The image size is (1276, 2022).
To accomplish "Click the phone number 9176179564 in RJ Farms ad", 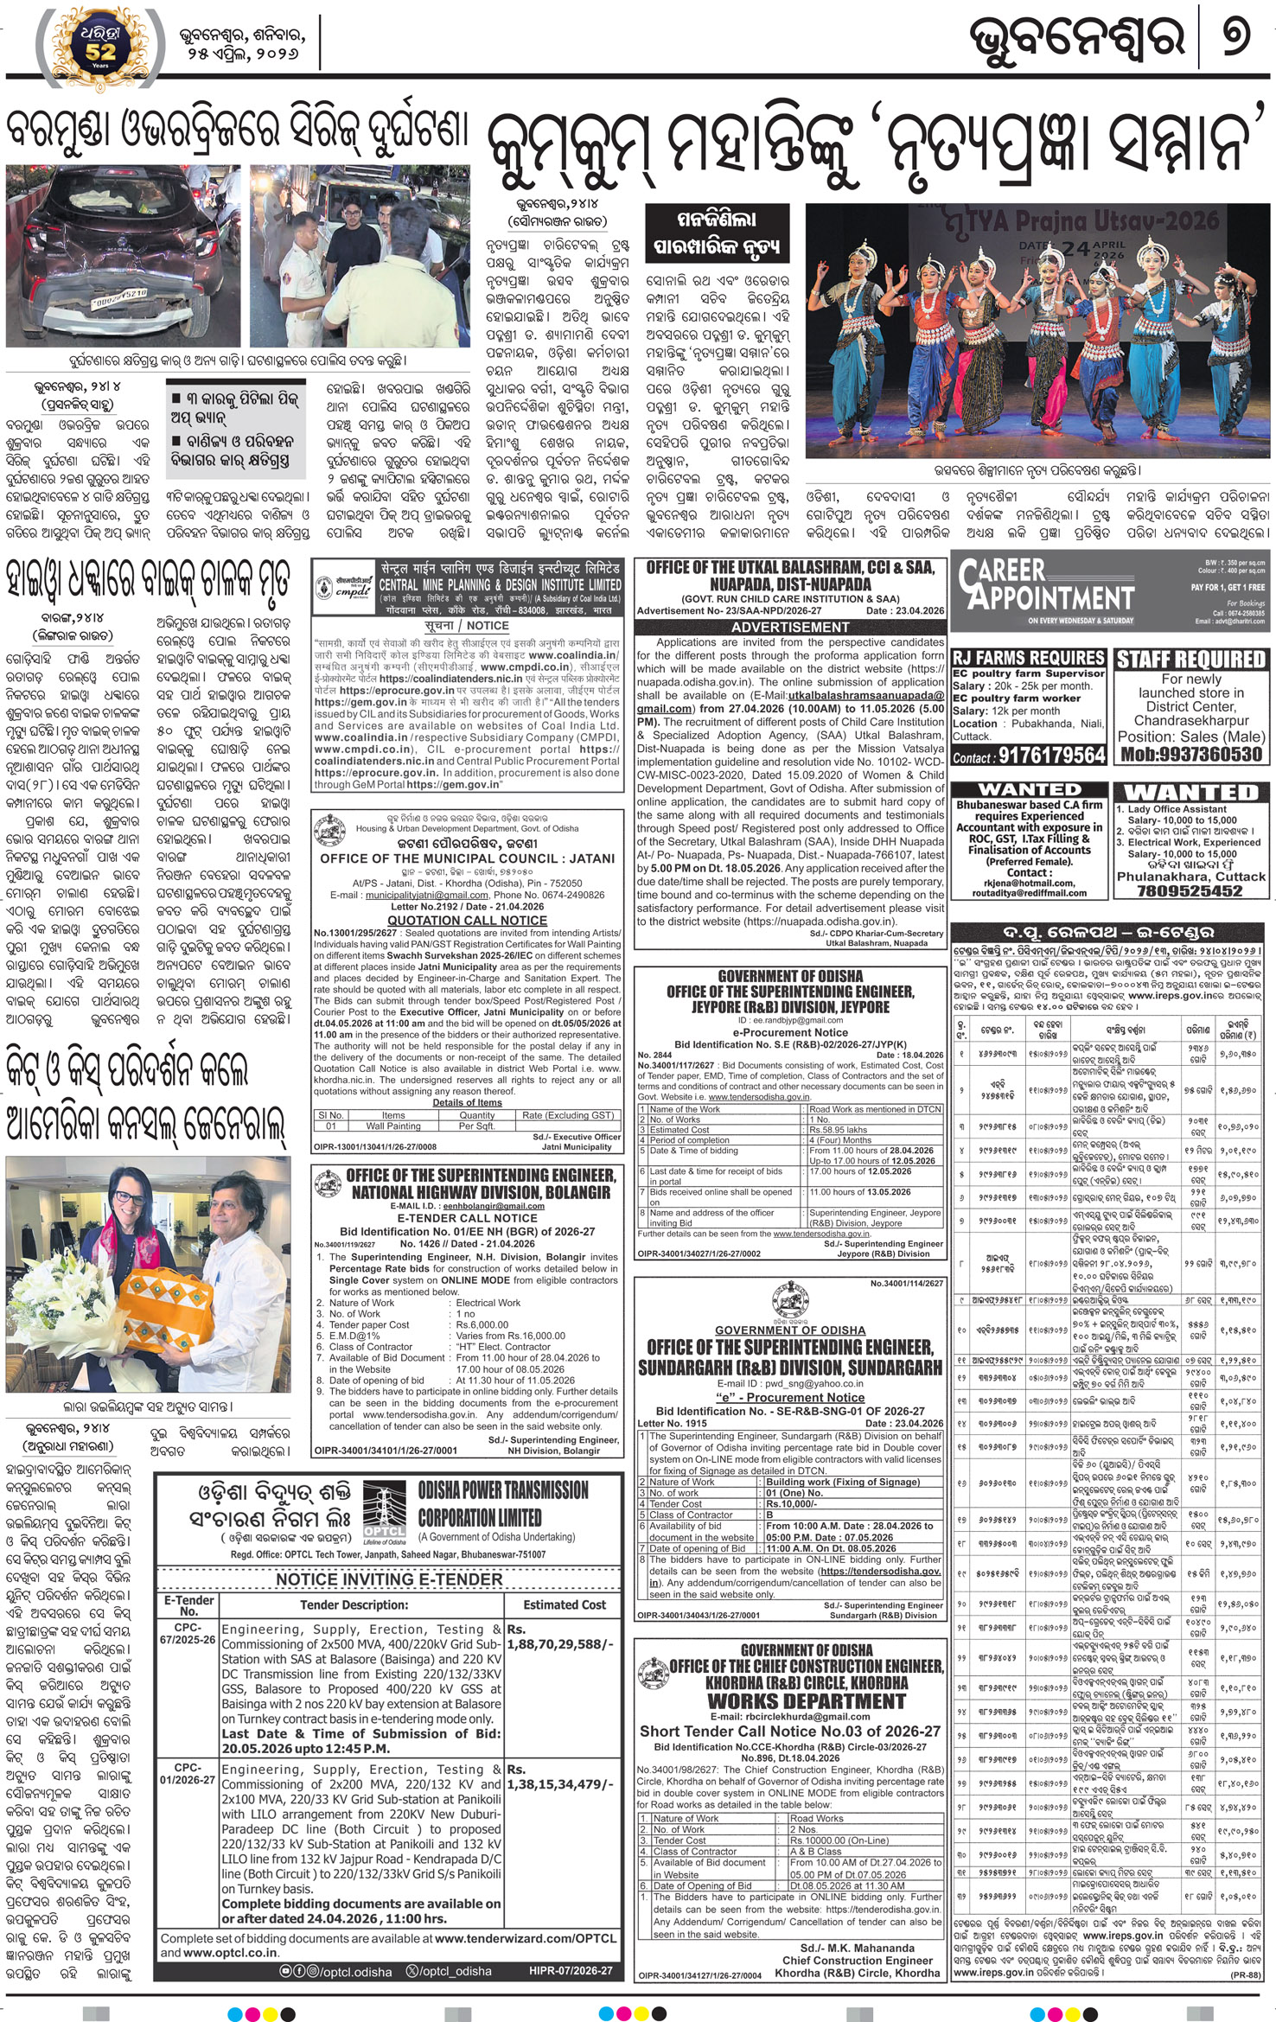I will point(1052,756).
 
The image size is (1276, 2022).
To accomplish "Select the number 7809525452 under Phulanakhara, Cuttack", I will point(1190,890).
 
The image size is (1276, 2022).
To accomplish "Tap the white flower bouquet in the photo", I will point(65,1305).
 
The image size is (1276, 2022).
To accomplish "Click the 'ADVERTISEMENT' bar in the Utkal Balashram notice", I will point(790,627).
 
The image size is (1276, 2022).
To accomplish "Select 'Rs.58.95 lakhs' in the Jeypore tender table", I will point(839,1130).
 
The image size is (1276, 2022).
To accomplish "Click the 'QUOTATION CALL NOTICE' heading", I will point(467,920).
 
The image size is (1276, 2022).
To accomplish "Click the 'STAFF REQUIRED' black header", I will point(1190,660).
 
